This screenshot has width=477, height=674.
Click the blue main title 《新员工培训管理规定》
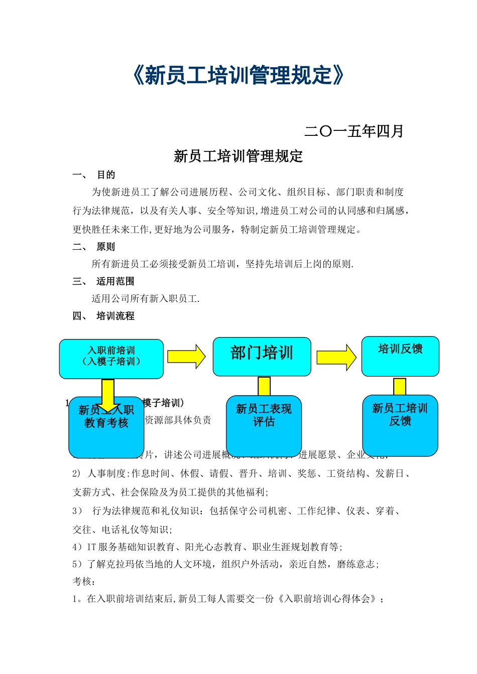coord(238,76)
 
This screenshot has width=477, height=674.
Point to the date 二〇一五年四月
coord(354,131)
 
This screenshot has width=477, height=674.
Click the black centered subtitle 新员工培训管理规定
coord(238,156)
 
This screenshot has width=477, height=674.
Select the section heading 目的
coord(106,175)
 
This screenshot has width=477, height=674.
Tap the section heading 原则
coord(106,247)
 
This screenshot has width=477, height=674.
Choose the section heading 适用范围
coord(115,281)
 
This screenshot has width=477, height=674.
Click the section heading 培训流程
coord(115,316)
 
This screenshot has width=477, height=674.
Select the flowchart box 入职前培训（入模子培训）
coord(111,359)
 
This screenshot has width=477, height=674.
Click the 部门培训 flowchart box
coord(262,356)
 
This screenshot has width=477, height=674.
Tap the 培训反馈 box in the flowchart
coord(400,356)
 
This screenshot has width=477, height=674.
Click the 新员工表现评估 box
coord(264,425)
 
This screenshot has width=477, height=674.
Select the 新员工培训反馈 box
coord(400,425)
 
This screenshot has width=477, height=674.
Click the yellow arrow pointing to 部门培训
coord(186,357)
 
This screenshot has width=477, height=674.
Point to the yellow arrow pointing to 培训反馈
coord(336,357)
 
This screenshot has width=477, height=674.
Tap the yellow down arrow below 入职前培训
coord(108,394)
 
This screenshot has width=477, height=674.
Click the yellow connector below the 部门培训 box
coord(264,386)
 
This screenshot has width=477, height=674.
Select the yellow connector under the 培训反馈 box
coord(400,387)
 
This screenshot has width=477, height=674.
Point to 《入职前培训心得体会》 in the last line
coord(328,599)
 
